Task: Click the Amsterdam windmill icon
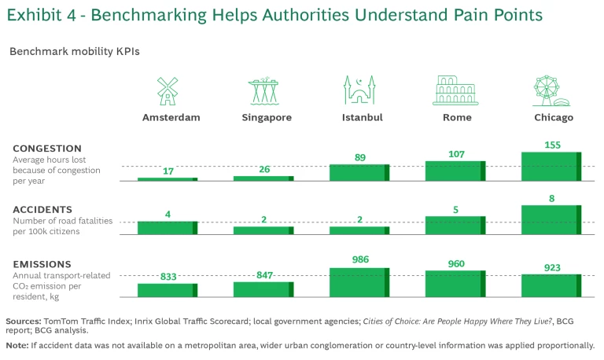tap(168, 90)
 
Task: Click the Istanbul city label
tap(363, 117)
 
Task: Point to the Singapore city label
tap(267, 117)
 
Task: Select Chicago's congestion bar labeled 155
tap(551, 166)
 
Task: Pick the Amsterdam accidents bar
tap(168, 227)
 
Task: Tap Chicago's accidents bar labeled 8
tap(551, 219)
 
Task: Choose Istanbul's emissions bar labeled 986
tap(359, 282)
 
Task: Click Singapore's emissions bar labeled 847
tap(263, 289)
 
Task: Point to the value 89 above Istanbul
tap(359, 157)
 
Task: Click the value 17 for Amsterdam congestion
tap(167, 171)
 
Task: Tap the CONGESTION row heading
tap(47, 148)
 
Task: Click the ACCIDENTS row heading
tap(44, 209)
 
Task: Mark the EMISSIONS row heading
tap(42, 264)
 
